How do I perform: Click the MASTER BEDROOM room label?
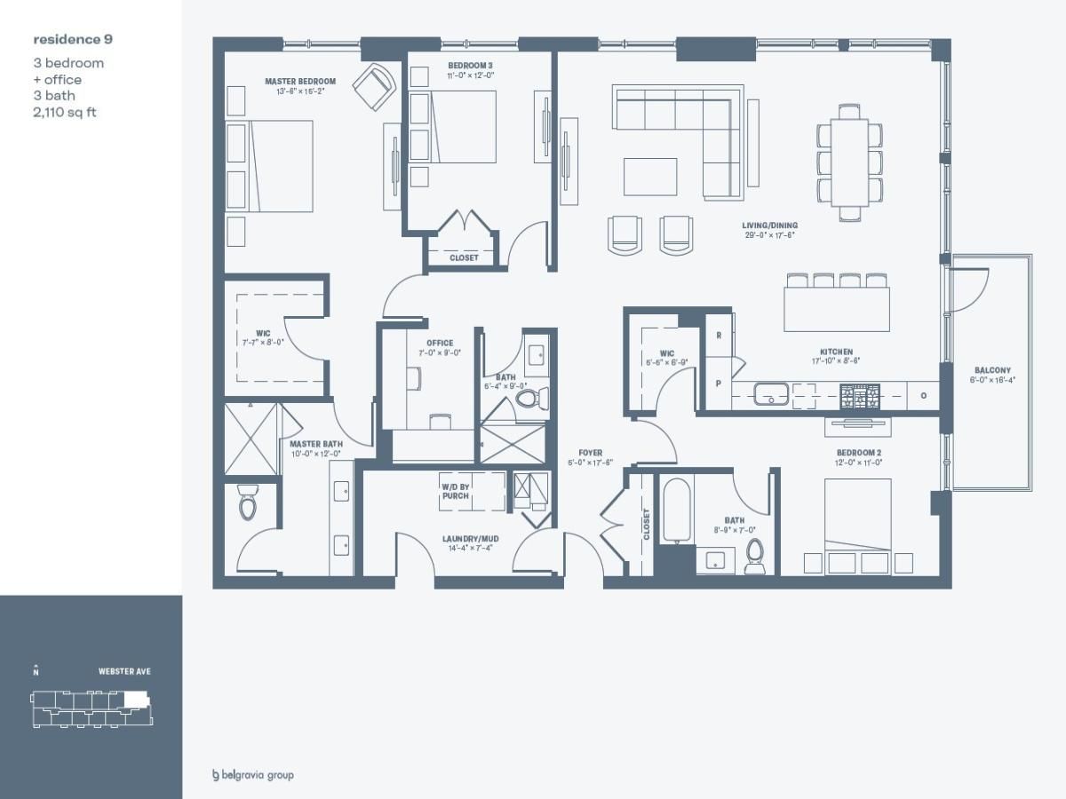[x=299, y=82]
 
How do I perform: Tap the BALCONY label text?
[x=991, y=370]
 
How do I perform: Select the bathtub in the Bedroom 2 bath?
[x=674, y=512]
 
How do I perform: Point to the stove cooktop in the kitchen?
[x=859, y=393]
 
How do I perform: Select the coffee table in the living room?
[x=649, y=176]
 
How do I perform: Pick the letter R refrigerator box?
[x=718, y=336]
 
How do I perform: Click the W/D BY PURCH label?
[x=455, y=491]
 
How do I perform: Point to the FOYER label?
[x=590, y=454]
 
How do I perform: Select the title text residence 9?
[x=73, y=39]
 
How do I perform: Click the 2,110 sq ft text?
[x=65, y=112]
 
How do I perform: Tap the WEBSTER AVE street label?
[x=124, y=671]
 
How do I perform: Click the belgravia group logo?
[x=252, y=775]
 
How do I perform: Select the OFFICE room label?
[x=440, y=343]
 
